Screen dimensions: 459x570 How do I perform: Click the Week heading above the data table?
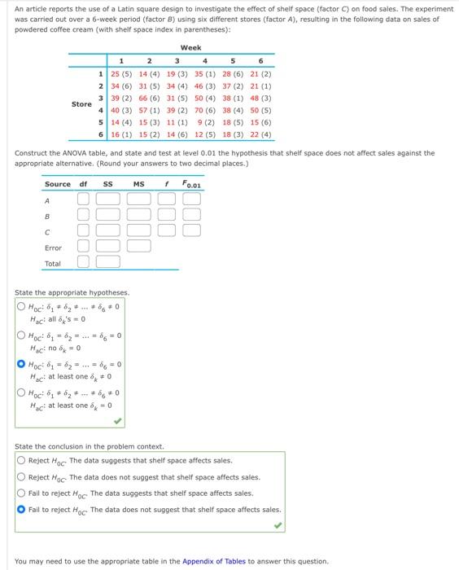[190, 48]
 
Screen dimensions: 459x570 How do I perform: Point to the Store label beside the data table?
[81, 103]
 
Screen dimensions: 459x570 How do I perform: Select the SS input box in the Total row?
[108, 262]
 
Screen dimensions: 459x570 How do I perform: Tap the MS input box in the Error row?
[139, 247]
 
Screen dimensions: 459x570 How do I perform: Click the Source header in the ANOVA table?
[57, 184]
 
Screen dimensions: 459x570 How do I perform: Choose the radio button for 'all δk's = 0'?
[21, 306]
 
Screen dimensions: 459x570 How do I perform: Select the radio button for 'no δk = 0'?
[21, 335]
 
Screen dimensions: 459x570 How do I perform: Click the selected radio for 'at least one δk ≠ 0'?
[21, 364]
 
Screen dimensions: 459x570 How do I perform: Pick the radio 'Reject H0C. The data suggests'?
[21, 460]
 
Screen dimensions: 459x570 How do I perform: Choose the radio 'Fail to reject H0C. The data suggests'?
[21, 493]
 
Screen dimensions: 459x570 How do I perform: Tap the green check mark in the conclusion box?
[278, 525]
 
